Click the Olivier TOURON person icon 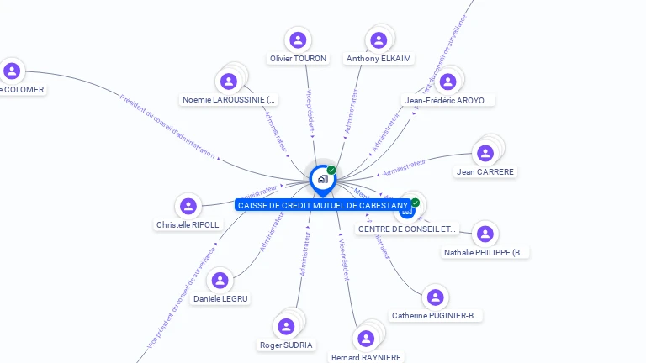[x=297, y=39]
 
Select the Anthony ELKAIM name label [x=379, y=59]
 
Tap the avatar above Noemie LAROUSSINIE [x=227, y=82]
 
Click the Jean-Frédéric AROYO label [x=447, y=100]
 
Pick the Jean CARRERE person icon [x=484, y=154]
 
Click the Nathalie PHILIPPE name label [x=485, y=252]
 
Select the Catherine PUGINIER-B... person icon [x=435, y=297]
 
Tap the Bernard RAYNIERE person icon [x=365, y=339]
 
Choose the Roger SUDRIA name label [x=286, y=345]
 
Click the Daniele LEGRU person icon [x=220, y=280]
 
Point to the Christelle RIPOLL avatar [x=188, y=206]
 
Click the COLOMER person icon [x=12, y=71]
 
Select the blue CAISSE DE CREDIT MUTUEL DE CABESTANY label [x=322, y=205]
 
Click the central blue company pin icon [x=322, y=178]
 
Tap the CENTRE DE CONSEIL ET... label [x=407, y=229]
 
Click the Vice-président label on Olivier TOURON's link [x=310, y=110]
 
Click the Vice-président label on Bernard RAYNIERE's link [x=343, y=261]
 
